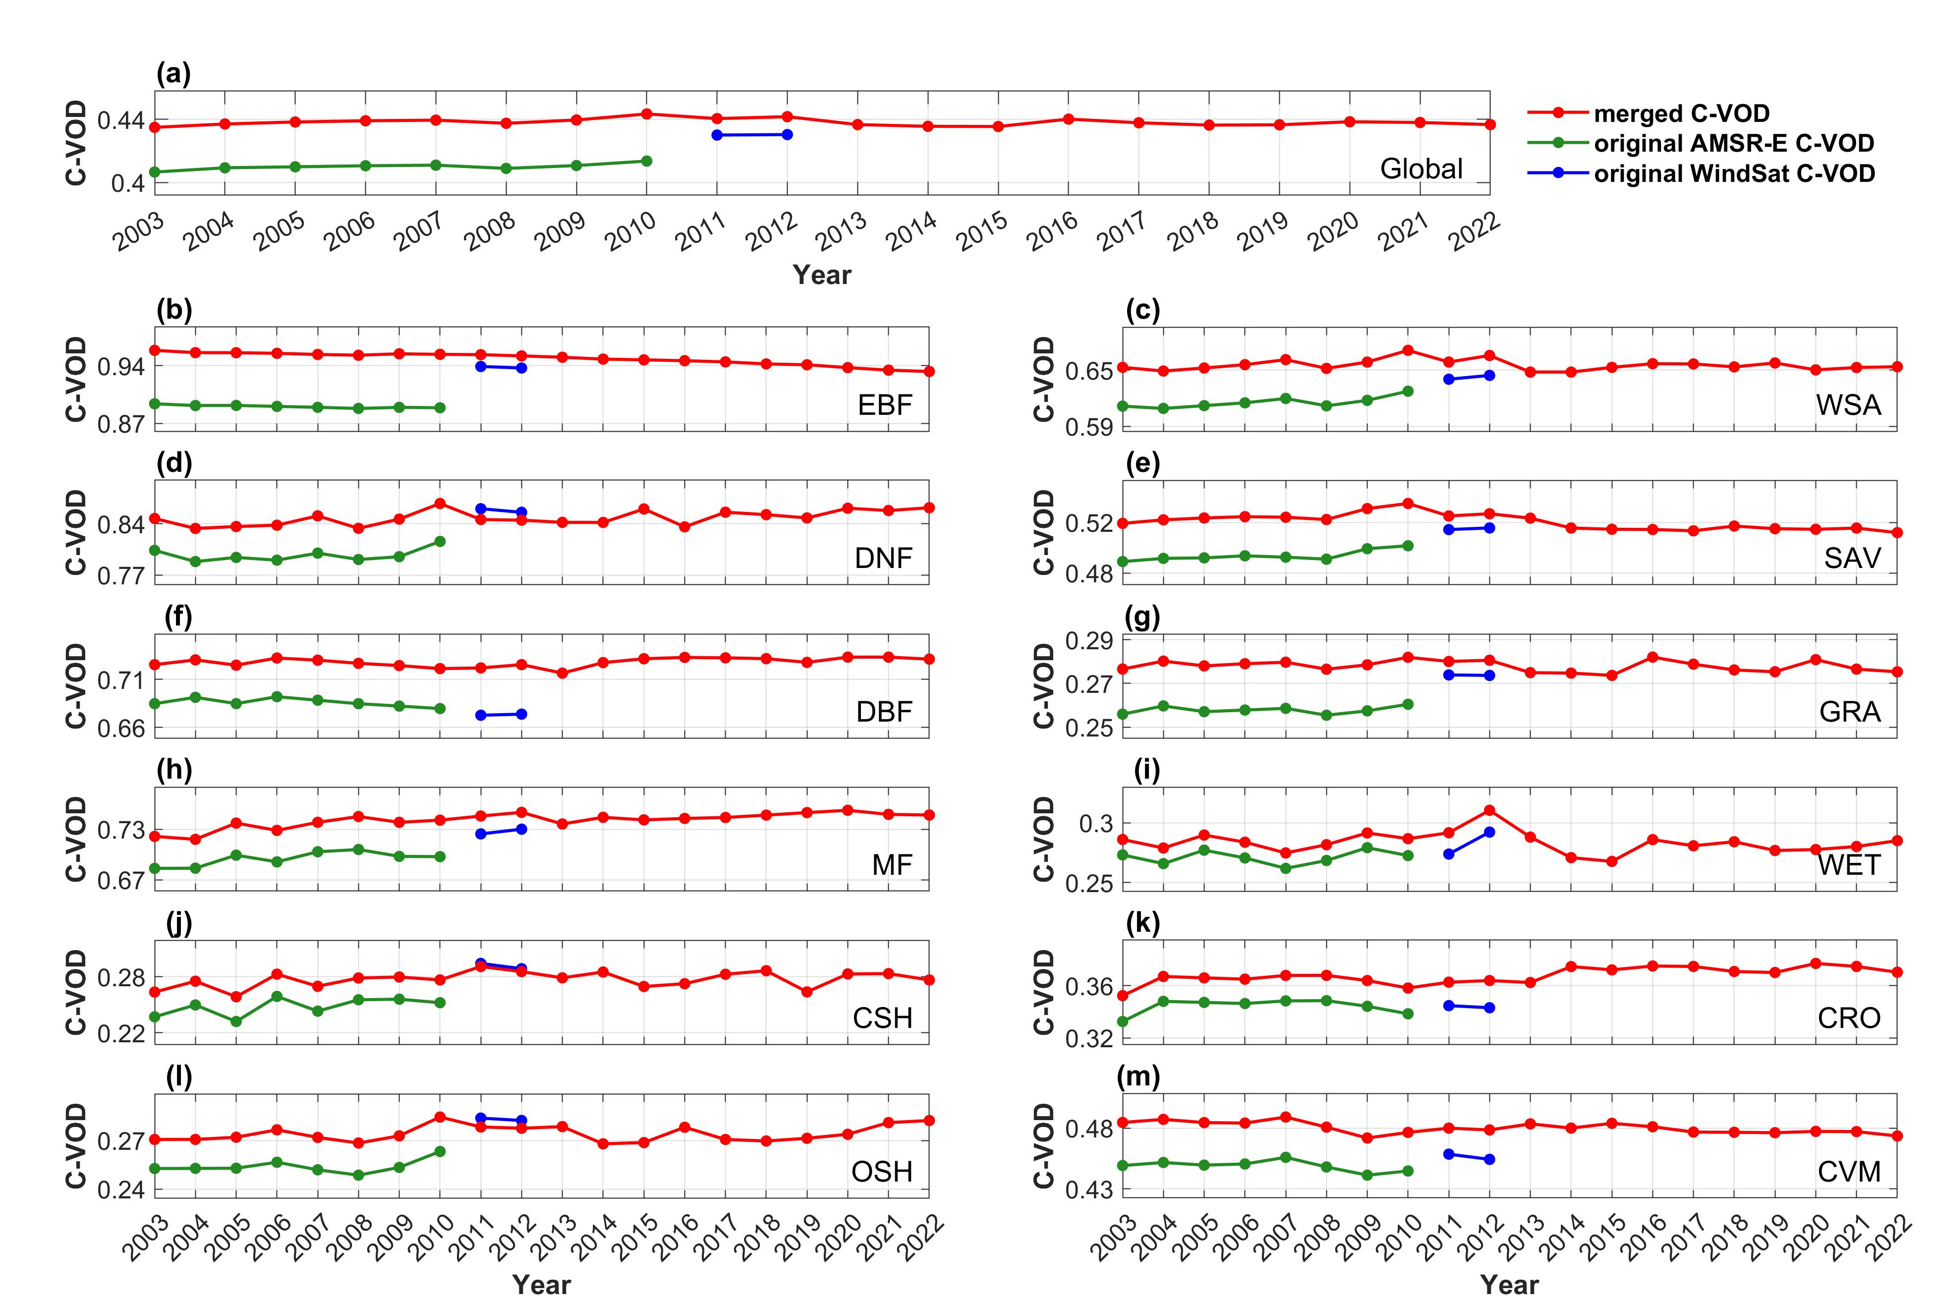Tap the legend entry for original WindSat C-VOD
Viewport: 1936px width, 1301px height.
pyautogui.click(x=1734, y=173)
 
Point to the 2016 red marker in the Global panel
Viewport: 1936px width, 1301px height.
pyautogui.click(x=1069, y=118)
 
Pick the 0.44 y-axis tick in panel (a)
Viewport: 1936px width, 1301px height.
pyautogui.click(x=120, y=121)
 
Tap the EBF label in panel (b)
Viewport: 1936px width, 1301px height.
pyautogui.click(x=885, y=405)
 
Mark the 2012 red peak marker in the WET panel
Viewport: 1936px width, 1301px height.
pyautogui.click(x=1489, y=810)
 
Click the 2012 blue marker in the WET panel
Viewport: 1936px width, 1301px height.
pyautogui.click(x=1489, y=831)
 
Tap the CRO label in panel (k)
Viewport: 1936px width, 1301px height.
pyautogui.click(x=1849, y=1018)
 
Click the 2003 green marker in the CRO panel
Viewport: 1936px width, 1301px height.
pyautogui.click(x=1123, y=1021)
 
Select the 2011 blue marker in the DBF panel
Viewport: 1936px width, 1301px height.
pyautogui.click(x=480, y=715)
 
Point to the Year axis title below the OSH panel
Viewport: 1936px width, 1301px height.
pyautogui.click(x=542, y=1285)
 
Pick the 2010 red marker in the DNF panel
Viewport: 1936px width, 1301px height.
pyautogui.click(x=440, y=504)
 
